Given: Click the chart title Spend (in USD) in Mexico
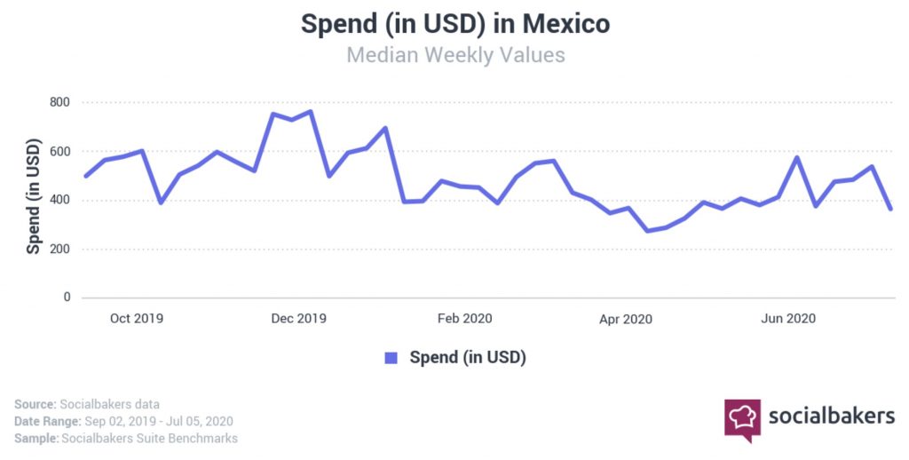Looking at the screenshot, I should (454, 23).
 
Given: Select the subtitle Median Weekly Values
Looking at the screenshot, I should (454, 55).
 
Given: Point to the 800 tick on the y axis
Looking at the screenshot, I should (59, 102).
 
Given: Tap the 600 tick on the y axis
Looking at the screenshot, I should (59, 151).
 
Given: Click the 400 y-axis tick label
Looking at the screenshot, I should (59, 200).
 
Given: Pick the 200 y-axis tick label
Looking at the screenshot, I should (59, 249).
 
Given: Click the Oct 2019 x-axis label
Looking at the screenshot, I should (137, 318).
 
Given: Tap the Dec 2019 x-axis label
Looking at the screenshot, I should (299, 318).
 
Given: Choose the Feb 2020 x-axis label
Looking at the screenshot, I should (464, 318).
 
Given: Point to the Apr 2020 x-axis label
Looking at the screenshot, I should (626, 318).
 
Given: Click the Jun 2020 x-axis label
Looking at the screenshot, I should (789, 318).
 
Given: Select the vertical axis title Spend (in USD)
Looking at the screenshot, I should (33, 196).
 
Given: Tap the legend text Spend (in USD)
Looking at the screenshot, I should (467, 358).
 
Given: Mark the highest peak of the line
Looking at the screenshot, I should (310, 112).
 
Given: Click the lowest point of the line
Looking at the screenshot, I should (647, 231).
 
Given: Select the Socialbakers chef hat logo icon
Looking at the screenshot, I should (743, 418).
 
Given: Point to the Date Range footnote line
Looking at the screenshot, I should (123, 421).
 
